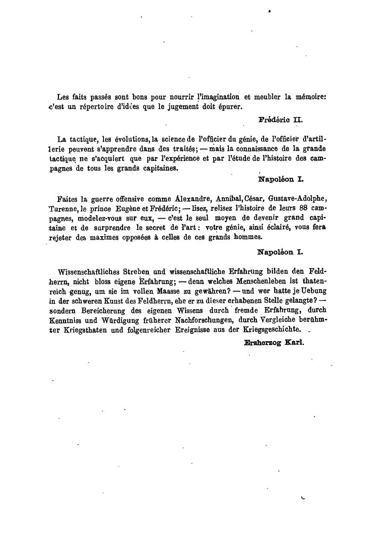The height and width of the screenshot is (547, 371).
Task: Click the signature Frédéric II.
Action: [x=280, y=120]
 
